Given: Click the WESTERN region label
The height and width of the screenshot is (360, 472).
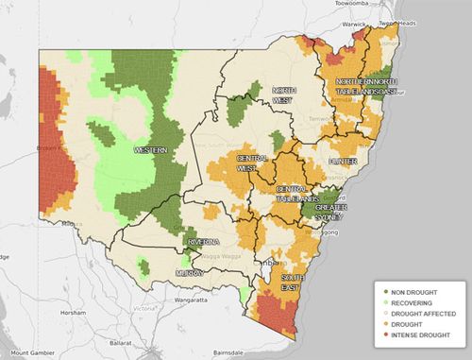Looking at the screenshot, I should tap(151, 150).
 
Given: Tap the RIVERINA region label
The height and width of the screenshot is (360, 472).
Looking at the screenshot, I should tap(203, 242).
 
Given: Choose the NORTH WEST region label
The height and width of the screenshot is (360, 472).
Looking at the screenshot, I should tap(285, 95).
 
